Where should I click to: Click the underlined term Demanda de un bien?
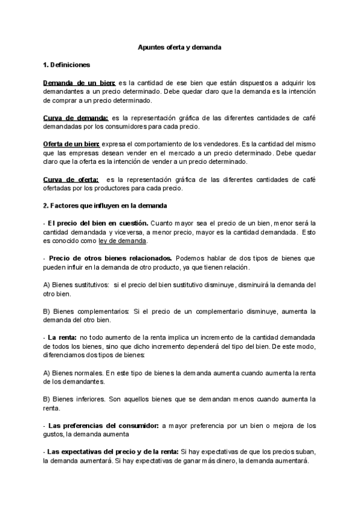tap(79, 83)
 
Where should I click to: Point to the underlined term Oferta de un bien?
tap(72, 145)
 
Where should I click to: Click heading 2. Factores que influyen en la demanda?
tap(101, 205)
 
